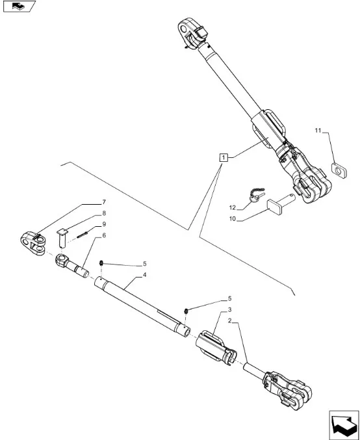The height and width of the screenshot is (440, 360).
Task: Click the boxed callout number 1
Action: [224, 157]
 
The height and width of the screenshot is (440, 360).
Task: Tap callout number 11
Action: [318, 131]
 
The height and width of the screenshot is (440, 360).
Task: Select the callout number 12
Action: [233, 208]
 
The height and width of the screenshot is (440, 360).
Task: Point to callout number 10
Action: [233, 219]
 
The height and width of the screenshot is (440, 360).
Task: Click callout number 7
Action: [104, 202]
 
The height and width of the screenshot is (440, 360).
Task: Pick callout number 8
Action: [104, 213]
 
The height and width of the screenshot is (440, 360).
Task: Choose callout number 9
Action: [104, 224]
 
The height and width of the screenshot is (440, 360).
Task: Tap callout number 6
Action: [104, 235]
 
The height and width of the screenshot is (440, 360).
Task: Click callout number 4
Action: [144, 275]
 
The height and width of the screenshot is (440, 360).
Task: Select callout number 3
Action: [229, 310]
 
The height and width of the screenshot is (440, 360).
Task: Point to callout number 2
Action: [229, 321]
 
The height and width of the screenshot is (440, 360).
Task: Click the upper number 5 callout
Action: [144, 264]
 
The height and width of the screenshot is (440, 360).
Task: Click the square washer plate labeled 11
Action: [339, 171]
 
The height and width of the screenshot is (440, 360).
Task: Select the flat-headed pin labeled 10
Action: [281, 204]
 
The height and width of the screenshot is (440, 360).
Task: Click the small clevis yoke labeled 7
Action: [33, 243]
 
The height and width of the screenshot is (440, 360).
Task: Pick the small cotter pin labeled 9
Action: [83, 235]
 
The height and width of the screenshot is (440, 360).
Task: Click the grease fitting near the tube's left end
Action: [101, 263]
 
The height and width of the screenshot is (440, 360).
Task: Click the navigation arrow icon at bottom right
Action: [344, 424]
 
